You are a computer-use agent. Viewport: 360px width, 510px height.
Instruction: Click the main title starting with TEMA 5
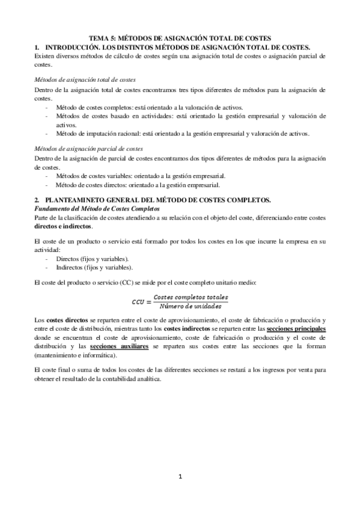180,37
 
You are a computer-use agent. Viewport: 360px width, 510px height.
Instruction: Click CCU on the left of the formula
140,301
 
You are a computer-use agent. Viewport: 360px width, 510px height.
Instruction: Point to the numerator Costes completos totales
191,297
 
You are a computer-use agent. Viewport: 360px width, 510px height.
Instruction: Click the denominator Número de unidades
191,306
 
